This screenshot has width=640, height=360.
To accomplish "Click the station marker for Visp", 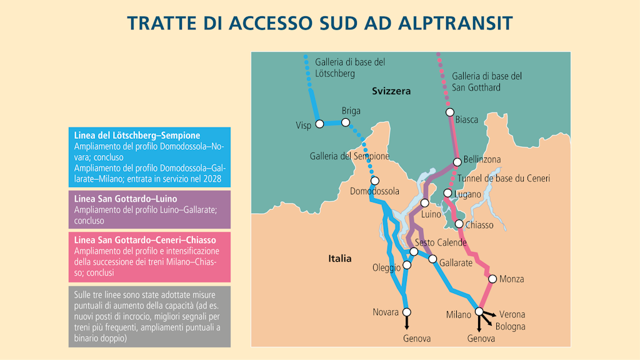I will coord(319,124).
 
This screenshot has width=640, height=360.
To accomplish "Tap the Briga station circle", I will coord(345,122).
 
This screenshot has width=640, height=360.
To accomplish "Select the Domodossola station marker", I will coord(374,181).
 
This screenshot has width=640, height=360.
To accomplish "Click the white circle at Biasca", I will coord(449,112).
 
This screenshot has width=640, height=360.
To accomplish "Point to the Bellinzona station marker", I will coord(457,162).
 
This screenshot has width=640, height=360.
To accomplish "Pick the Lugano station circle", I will coord(447,193).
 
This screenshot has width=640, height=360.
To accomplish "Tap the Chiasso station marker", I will coord(459,224).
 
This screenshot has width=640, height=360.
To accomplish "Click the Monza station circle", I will coord(492,279).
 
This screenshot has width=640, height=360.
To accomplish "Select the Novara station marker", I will coord(407,312).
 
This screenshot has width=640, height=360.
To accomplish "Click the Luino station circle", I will coord(424,203).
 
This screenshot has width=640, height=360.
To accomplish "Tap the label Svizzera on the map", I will coord(391,91).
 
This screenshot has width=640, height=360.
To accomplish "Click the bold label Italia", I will coord(340,259).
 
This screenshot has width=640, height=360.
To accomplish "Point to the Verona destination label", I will coord(512,314).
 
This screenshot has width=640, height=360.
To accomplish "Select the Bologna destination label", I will coord(510,326).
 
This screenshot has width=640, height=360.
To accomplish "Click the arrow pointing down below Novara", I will coord(407,323).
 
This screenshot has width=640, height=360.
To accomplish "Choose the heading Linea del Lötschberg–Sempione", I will coord(137,135).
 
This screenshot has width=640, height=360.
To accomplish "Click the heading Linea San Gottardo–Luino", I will coord(124,198).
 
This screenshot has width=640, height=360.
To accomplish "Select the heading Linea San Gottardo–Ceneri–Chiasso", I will coord(145,240).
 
